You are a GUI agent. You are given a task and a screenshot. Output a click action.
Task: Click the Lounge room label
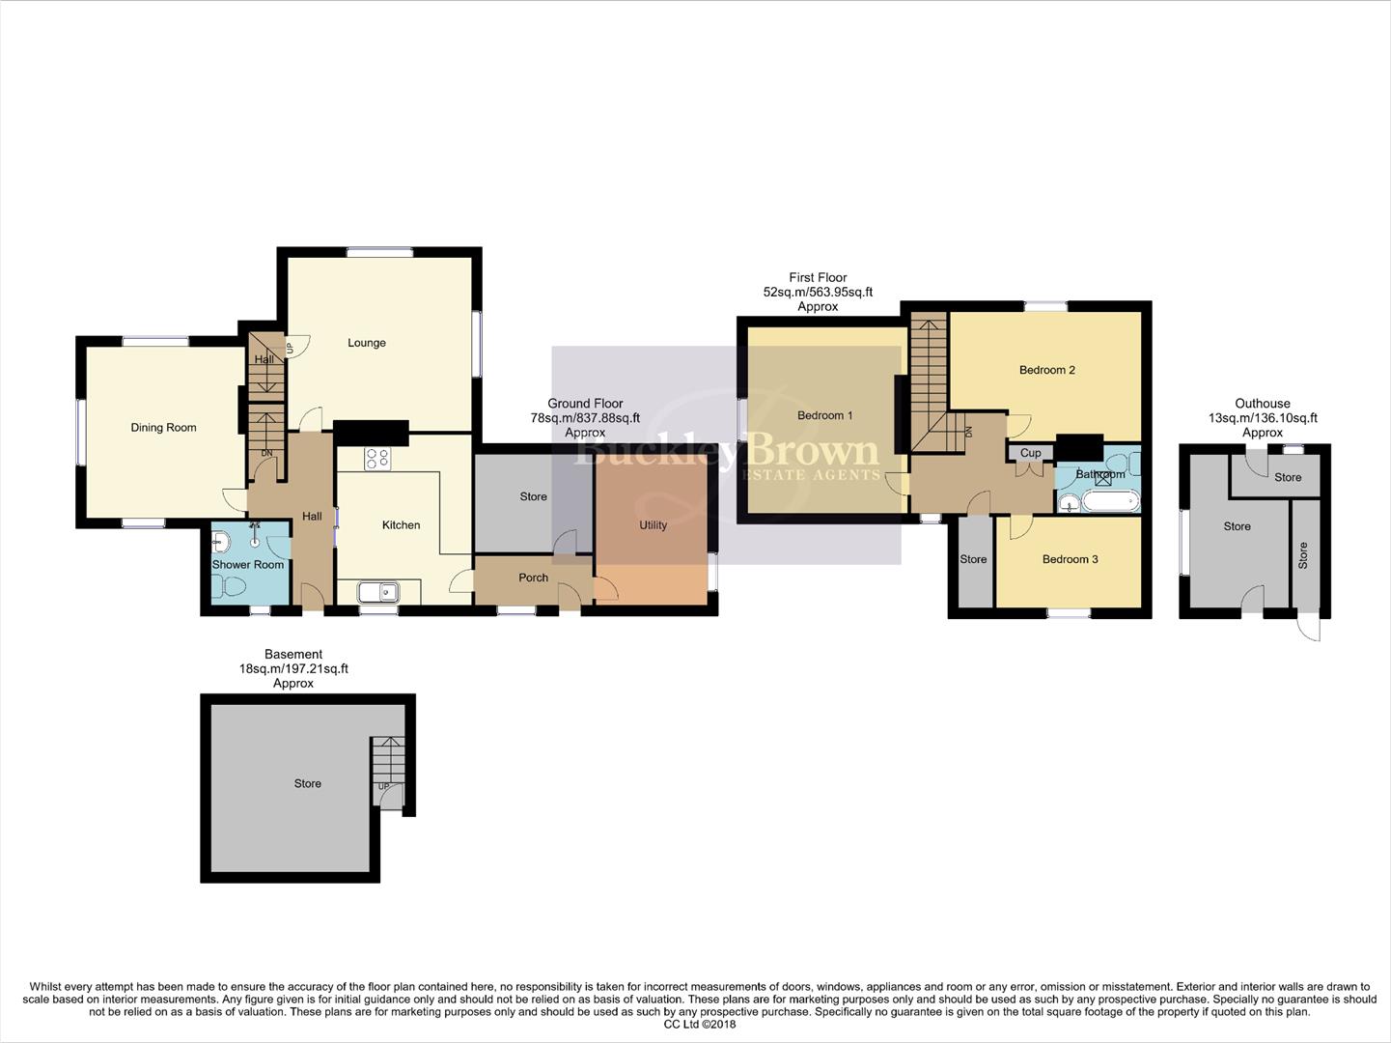[x=366, y=343]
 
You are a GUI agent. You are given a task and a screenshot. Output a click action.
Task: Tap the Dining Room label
[x=163, y=428]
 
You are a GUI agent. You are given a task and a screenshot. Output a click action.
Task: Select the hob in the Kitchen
[x=376, y=459]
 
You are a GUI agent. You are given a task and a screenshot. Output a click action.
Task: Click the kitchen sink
[x=378, y=591]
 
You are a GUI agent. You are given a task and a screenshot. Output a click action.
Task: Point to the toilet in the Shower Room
[x=233, y=586]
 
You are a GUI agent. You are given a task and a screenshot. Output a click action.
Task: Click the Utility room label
[x=653, y=525]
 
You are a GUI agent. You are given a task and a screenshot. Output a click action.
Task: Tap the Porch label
[x=533, y=578]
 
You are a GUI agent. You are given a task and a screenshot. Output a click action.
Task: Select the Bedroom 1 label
[x=824, y=415]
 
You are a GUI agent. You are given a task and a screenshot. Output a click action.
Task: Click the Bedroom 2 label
[x=1046, y=370]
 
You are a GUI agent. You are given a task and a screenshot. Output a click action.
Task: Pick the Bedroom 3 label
[x=1070, y=559]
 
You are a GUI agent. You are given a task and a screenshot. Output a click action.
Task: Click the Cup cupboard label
[x=1030, y=453]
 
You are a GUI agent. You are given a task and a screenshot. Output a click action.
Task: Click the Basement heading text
[x=293, y=654]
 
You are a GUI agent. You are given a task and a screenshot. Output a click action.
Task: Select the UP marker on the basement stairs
[x=383, y=787]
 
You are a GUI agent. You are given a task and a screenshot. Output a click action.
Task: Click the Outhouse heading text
[x=1262, y=404]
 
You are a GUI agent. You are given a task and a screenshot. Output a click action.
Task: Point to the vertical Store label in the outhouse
[x=1303, y=554]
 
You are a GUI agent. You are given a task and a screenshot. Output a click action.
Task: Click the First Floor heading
[x=818, y=277]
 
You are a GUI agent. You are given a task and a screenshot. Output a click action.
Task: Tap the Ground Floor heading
[x=585, y=404]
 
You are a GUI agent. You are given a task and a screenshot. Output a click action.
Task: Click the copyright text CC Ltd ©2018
[x=700, y=1025]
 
